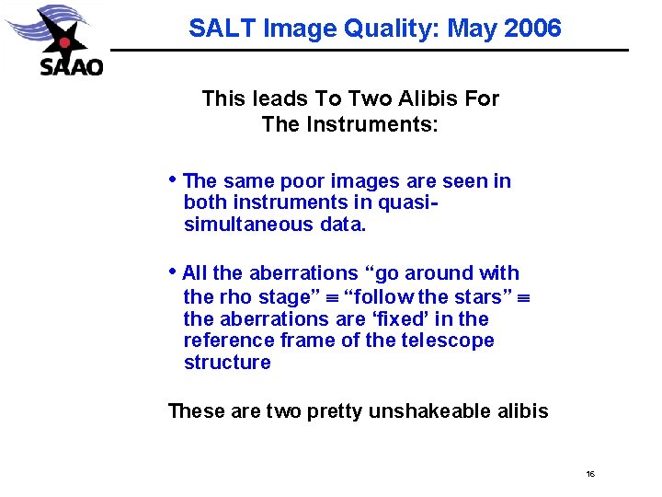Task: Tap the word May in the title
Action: click(x=470, y=29)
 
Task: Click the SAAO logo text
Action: click(x=72, y=66)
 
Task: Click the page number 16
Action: click(x=590, y=474)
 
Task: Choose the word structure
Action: click(x=227, y=362)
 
